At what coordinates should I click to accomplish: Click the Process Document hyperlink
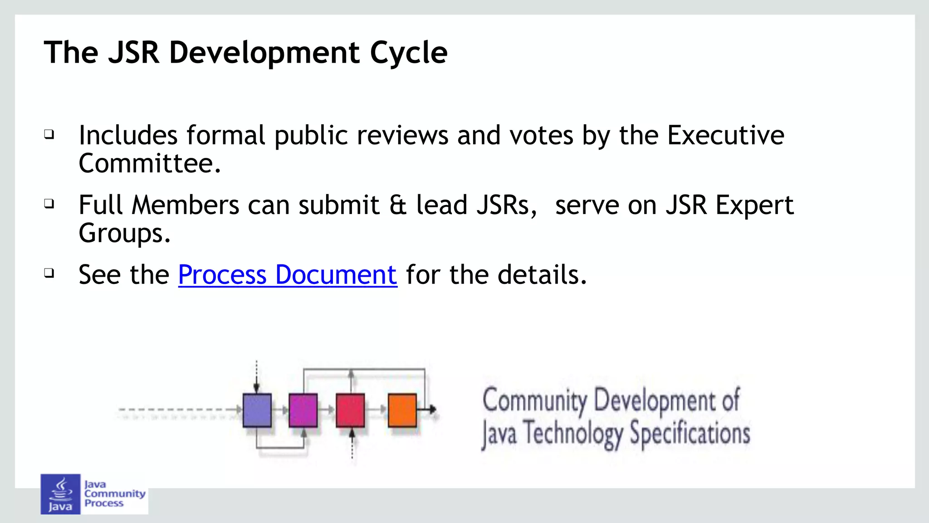pos(288,275)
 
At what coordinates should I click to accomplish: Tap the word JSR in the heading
pos(134,53)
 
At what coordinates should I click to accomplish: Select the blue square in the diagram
pos(257,410)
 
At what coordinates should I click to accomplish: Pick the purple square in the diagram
pos(303,410)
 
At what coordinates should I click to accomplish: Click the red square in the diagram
pos(350,410)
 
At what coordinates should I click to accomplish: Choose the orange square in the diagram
pos(402,410)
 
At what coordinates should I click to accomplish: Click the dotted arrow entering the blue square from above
pos(256,376)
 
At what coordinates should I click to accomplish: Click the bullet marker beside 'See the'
pos(49,273)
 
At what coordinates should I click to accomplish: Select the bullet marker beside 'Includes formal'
pos(49,134)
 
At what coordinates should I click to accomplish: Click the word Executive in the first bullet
pos(725,135)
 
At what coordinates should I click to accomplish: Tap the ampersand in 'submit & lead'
pos(398,205)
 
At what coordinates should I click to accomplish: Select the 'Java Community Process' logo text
pos(114,494)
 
